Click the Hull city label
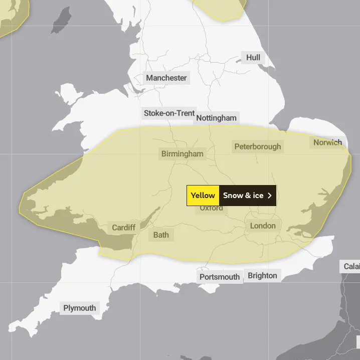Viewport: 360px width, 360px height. [x=253, y=58]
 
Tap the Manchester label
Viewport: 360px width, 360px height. [x=166, y=78]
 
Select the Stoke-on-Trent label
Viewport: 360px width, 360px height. [x=169, y=113]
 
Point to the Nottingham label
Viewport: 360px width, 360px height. [x=216, y=118]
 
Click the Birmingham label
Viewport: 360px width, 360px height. [x=183, y=154]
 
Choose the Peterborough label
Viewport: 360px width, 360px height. [x=258, y=147]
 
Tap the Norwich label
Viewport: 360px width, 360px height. [x=327, y=142]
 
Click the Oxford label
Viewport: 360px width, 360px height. [x=211, y=208]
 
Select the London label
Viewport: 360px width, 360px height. [x=263, y=226]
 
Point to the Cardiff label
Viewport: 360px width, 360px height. [x=123, y=228]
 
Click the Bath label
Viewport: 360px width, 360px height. [x=161, y=235]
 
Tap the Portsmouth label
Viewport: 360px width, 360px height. [x=220, y=277]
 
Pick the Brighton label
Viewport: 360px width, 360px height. [x=262, y=276]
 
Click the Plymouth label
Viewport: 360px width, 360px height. [x=79, y=308]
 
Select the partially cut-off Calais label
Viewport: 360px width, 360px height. [x=351, y=266]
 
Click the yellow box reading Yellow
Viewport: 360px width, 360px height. [x=203, y=196]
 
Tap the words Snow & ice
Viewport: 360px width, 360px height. [x=243, y=196]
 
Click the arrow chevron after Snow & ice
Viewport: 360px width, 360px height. [x=270, y=196]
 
